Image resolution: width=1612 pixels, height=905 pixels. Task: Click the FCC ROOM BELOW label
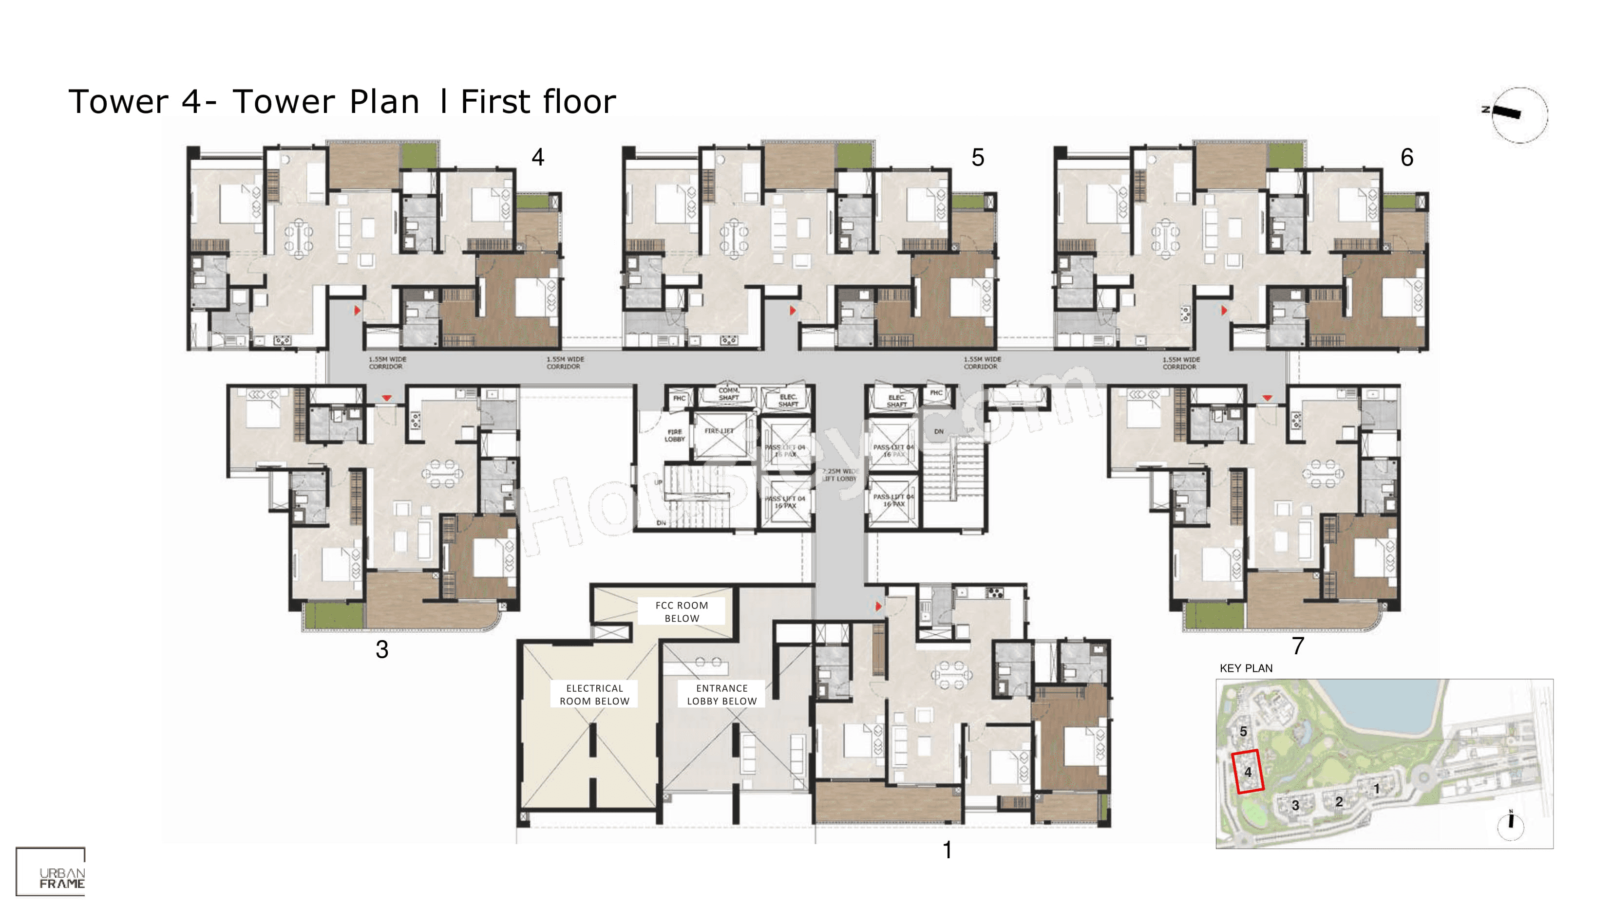(682, 611)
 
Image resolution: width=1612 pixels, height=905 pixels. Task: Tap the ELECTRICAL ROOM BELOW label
(594, 694)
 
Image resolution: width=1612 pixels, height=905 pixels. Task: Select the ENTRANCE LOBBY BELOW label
(721, 694)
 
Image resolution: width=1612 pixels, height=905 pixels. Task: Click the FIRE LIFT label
(719, 431)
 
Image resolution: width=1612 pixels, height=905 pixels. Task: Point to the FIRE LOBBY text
(675, 435)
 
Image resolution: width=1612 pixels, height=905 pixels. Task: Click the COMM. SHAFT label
(728, 393)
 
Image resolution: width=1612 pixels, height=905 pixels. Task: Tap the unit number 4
(537, 157)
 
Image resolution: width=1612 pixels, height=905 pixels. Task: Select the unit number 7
(1298, 646)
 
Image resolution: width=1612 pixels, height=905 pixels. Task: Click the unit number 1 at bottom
(947, 850)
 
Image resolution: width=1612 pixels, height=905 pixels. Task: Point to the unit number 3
(382, 649)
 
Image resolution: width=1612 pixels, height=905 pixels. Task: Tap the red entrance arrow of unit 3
(387, 398)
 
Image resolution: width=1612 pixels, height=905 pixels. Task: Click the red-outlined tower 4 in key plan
(1247, 771)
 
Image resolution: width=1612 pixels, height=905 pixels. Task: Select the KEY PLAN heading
(1245, 668)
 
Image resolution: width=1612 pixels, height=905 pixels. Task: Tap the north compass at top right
(1519, 115)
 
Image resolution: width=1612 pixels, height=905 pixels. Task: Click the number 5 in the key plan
(1243, 731)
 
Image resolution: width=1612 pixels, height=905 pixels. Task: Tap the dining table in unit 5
(733, 238)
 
